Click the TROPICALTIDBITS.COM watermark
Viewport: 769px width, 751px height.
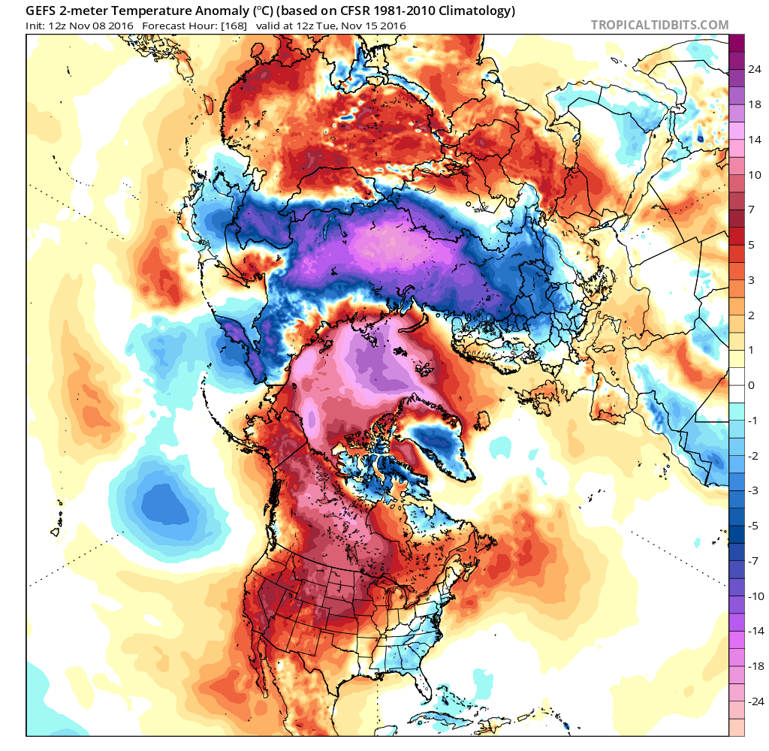659,25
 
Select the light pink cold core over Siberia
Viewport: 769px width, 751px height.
383,244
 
